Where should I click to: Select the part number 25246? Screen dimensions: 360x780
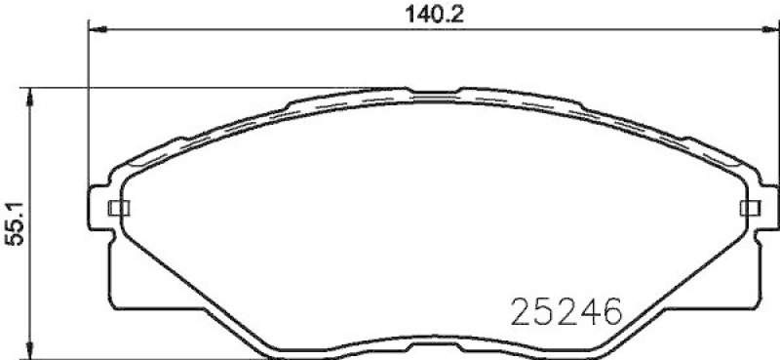click(x=566, y=312)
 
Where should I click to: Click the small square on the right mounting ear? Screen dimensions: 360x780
click(x=750, y=208)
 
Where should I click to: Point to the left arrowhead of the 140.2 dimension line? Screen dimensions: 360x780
click(x=96, y=30)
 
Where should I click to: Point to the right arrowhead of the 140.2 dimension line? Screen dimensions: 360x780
click(x=765, y=30)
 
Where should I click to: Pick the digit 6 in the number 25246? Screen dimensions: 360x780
click(x=610, y=312)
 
